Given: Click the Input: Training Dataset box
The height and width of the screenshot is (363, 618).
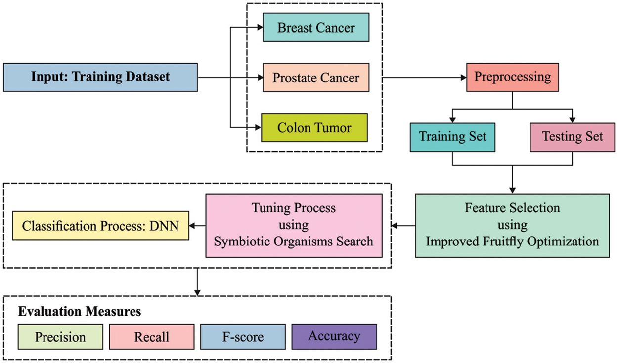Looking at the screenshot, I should click(x=100, y=77).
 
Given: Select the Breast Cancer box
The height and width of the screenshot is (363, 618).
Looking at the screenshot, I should click(x=315, y=27).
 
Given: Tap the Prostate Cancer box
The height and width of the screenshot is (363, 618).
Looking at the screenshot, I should click(x=315, y=78).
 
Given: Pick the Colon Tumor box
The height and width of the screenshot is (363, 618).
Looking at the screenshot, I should click(x=314, y=128).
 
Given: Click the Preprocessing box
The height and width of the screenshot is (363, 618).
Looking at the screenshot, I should click(x=513, y=77).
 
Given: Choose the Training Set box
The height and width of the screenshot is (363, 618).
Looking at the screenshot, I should click(x=452, y=136).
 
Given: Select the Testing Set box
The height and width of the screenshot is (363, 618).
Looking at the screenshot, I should click(x=573, y=136).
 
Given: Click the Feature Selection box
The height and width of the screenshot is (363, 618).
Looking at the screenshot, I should click(x=512, y=225).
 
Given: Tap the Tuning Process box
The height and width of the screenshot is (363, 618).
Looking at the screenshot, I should click(x=294, y=225).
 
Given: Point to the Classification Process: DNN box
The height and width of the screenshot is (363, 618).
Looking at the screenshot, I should click(x=100, y=226).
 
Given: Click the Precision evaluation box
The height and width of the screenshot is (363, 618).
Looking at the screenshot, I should click(x=60, y=337).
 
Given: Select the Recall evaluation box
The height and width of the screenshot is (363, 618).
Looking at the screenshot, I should click(x=152, y=337).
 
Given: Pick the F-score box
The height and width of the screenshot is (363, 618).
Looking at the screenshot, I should click(x=243, y=337).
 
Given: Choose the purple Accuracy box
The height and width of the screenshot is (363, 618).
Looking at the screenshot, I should click(x=334, y=336).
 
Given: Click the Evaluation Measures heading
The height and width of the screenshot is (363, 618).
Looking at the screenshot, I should click(x=80, y=312).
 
